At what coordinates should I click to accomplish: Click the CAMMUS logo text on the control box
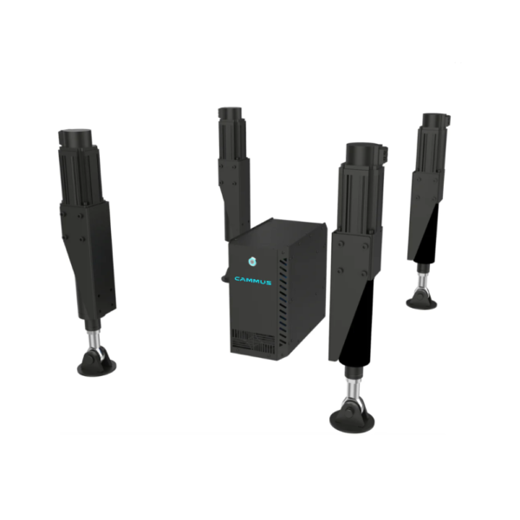(x=253, y=279)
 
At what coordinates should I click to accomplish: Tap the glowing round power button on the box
(x=253, y=258)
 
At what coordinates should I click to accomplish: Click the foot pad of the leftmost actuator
(x=96, y=365)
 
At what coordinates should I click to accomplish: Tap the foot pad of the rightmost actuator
(x=422, y=300)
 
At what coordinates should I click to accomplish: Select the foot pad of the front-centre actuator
(x=352, y=419)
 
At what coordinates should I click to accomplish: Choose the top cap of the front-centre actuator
(x=366, y=154)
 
